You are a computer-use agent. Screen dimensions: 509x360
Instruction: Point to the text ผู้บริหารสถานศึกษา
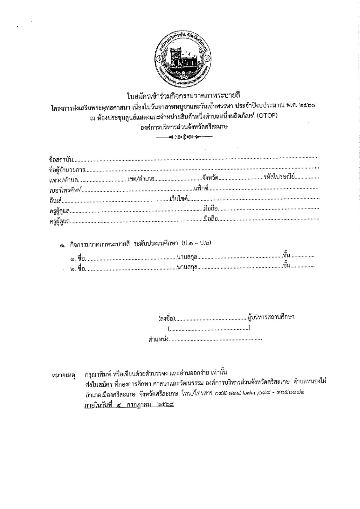click(x=271, y=317)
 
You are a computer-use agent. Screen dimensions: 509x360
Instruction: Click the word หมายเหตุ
click(x=63, y=375)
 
